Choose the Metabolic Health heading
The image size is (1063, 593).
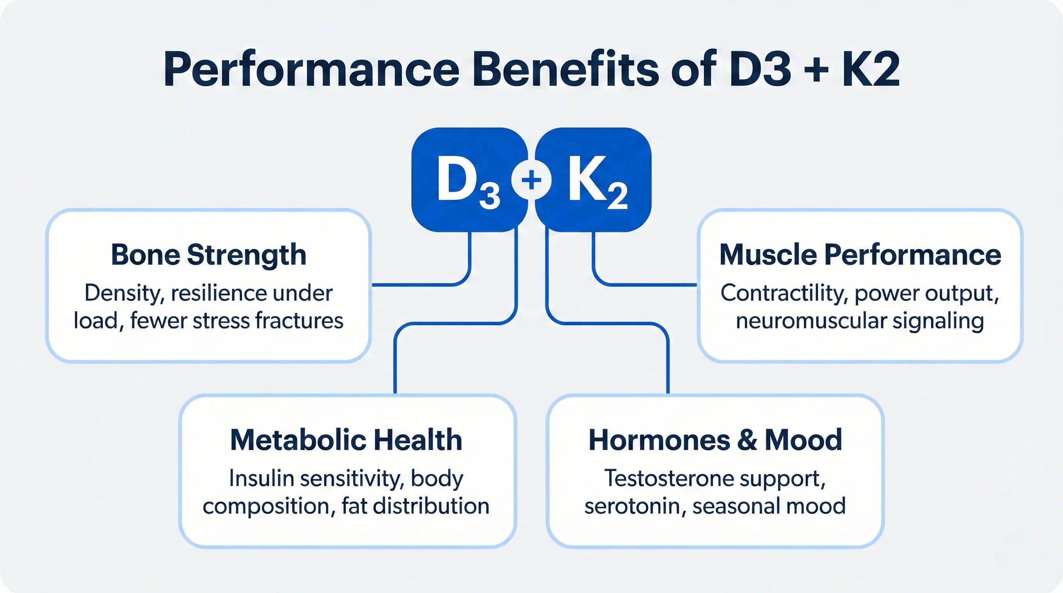[x=346, y=440]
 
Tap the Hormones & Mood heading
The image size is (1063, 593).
[x=715, y=440]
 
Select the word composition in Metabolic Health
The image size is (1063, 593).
[x=267, y=506]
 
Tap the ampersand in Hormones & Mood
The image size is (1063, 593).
[x=747, y=440]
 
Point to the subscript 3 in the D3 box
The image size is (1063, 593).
[x=490, y=196]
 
